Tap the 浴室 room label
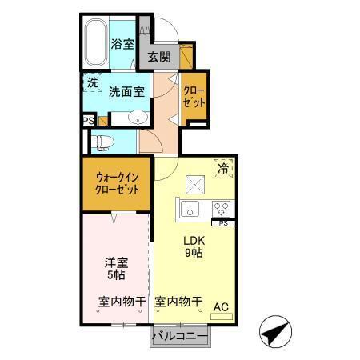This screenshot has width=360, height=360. click(x=122, y=45)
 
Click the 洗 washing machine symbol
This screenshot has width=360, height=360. click(x=93, y=82)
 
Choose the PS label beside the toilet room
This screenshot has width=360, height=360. click(x=88, y=121)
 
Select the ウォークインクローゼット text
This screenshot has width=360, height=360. click(x=117, y=185)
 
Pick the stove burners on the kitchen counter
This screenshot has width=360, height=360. click(x=222, y=209)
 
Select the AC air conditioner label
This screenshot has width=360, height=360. click(x=221, y=305)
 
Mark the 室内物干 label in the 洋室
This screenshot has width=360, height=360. click(x=122, y=302)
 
